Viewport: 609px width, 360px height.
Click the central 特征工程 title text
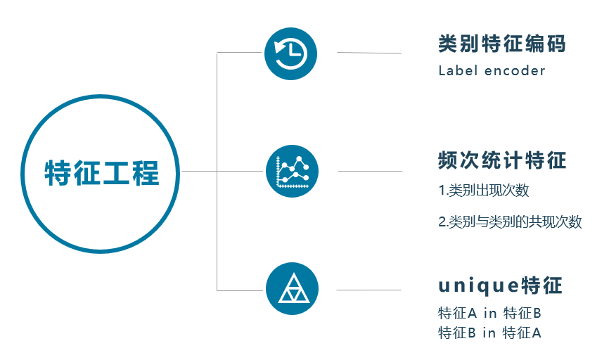tap(102, 172)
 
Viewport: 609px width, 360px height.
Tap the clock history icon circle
tap(290, 53)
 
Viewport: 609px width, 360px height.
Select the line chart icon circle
tap(292, 171)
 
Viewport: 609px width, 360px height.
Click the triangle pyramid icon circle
tap(292, 289)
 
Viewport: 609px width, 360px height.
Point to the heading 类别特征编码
tap(501, 44)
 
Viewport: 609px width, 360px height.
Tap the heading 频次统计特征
tap(501, 160)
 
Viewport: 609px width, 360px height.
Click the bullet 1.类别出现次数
tap(483, 191)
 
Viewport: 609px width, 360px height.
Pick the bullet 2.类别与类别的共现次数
tap(510, 222)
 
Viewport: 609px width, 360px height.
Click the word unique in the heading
tap(477, 286)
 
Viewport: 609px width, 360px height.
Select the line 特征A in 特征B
tap(489, 313)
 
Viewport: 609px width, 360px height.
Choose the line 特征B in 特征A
tap(489, 333)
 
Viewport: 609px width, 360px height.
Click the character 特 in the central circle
tap(58, 172)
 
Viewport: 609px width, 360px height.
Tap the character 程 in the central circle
tap(146, 172)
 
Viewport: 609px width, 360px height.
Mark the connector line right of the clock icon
tap(369, 53)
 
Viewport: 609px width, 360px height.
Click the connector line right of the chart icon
tap(370, 171)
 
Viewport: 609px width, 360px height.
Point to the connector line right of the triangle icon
tap(368, 290)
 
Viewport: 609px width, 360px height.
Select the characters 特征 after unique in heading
tap(542, 286)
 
